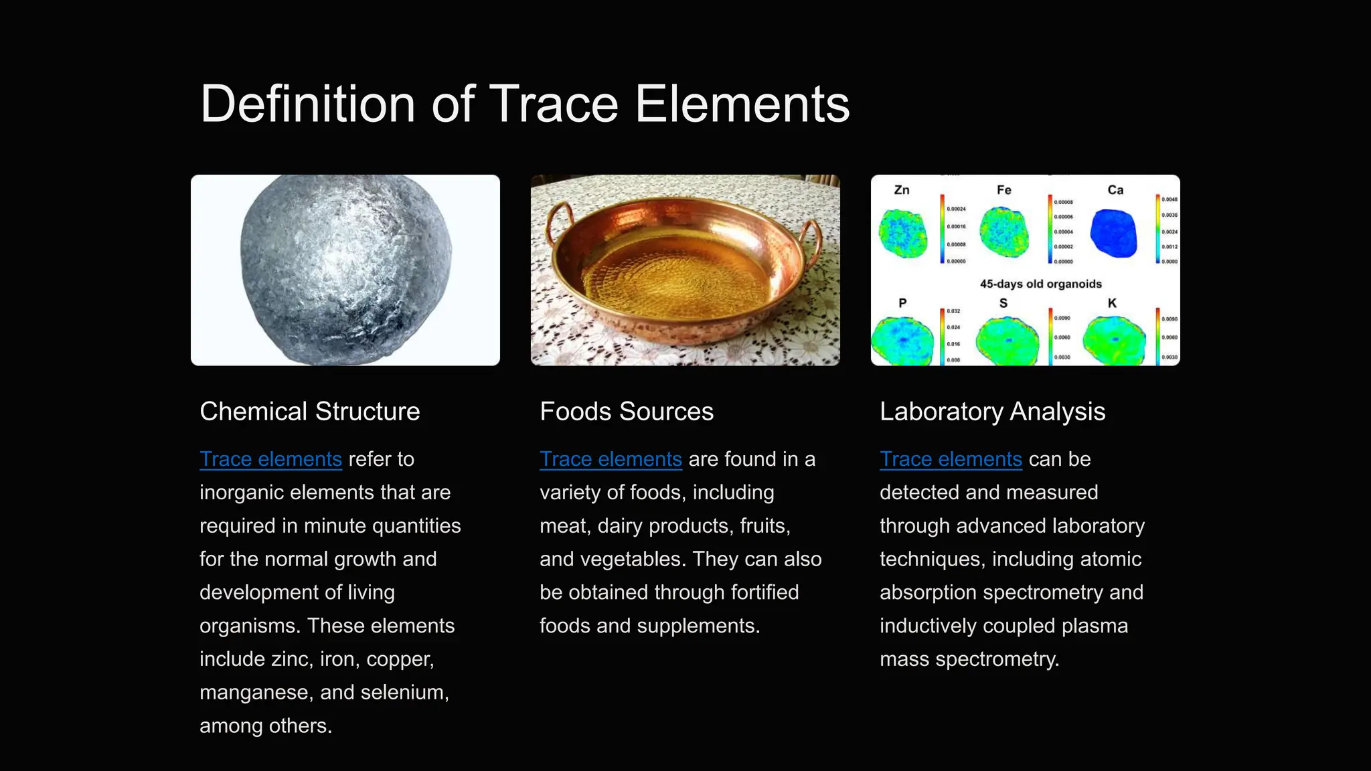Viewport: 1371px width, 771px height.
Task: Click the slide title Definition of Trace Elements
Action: (x=525, y=104)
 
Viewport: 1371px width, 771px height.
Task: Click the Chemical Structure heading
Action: (x=309, y=412)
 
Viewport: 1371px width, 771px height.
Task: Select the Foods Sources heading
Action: (x=626, y=412)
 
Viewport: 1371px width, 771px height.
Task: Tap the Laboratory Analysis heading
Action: (x=991, y=412)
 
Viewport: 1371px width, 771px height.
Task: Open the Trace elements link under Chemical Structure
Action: (x=270, y=460)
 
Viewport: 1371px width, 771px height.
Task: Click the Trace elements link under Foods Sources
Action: (x=611, y=460)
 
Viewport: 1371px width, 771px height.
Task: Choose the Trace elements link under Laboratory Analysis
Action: (x=951, y=460)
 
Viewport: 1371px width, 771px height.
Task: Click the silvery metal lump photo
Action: (x=345, y=270)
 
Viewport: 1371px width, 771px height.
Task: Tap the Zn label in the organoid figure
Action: (x=902, y=190)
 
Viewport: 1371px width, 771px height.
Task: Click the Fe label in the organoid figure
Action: (x=1003, y=190)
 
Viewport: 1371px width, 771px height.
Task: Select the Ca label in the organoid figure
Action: (x=1115, y=190)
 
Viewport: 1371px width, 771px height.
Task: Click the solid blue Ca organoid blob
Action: (x=1113, y=234)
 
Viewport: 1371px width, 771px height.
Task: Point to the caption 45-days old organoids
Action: (x=1040, y=284)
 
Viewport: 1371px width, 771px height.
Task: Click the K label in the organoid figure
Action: (x=1112, y=303)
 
